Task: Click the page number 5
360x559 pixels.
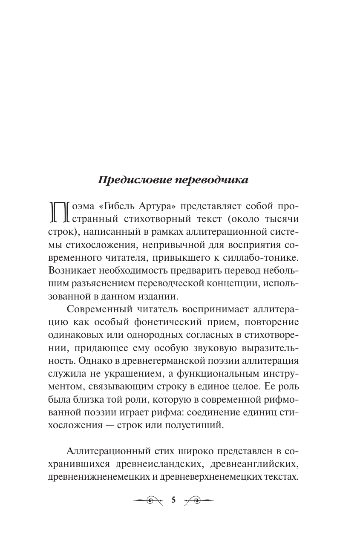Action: click(x=173, y=500)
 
